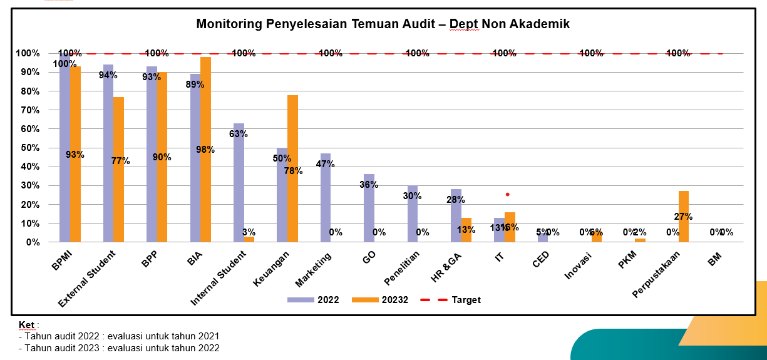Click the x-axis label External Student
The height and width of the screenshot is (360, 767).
[87, 278]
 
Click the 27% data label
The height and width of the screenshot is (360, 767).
[683, 217]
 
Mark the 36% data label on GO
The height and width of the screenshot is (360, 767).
[369, 185]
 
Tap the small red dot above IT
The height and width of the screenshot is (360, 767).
[507, 195]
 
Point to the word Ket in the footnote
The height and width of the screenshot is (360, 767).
[26, 325]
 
